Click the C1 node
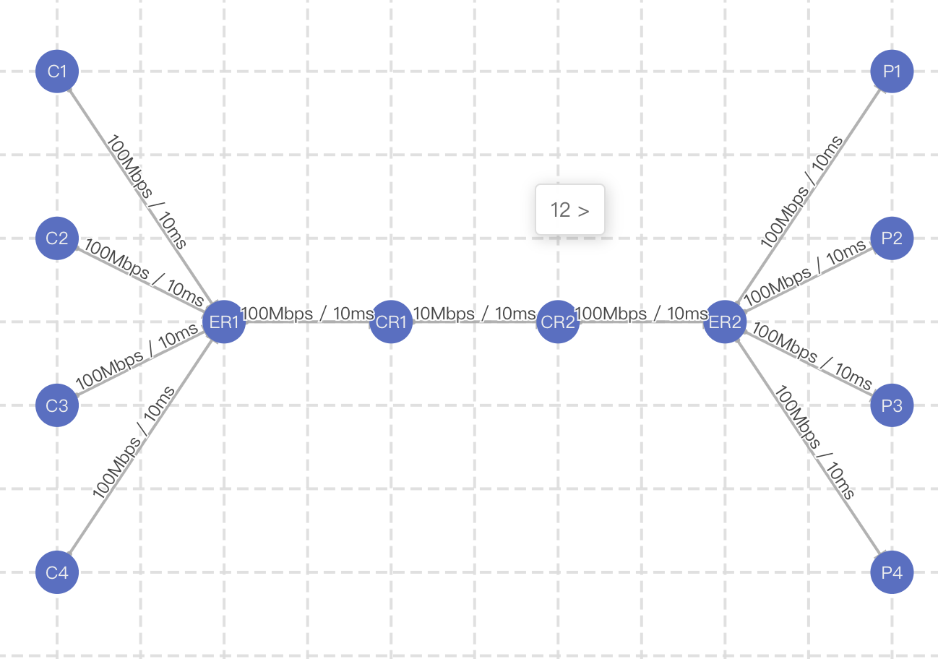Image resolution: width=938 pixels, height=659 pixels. point(57,72)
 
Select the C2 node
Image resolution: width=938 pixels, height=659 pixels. point(57,238)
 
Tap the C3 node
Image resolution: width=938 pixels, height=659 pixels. point(57,405)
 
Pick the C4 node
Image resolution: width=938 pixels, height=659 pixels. point(57,572)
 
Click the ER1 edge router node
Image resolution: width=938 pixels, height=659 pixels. point(224,322)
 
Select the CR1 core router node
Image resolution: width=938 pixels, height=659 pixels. point(391,322)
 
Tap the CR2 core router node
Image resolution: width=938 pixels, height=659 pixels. point(558,322)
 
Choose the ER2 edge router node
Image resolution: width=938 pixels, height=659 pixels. point(725,322)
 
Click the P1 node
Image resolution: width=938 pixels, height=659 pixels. point(892,72)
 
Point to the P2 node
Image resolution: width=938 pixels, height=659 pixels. point(892,238)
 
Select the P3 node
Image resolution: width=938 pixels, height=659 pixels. point(892,405)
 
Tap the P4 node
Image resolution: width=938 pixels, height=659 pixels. point(892,572)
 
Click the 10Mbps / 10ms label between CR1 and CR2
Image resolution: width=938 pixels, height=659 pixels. point(475,314)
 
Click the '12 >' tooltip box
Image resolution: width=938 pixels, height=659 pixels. point(570,210)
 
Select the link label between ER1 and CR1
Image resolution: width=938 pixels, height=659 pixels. point(308,314)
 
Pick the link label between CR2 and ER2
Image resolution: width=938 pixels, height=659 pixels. point(642,314)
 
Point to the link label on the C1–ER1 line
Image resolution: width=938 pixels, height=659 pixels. point(146,191)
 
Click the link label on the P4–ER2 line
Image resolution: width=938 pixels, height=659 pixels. point(814,442)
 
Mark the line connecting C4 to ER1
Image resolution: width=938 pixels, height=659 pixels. point(141,447)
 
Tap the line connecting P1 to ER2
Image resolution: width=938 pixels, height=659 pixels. point(809,197)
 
